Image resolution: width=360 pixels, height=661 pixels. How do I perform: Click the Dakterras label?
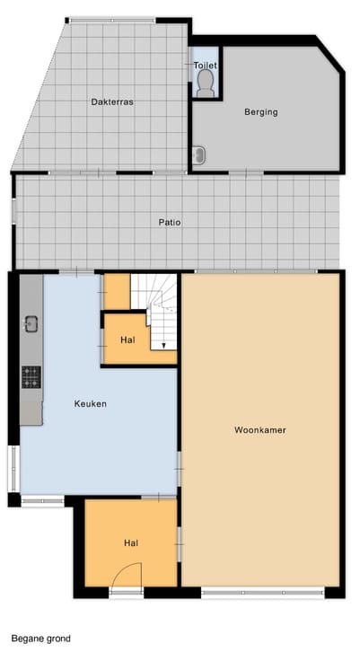tap(112, 102)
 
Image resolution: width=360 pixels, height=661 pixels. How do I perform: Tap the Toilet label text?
tap(206, 66)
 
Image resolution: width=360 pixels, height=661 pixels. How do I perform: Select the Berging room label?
tap(261, 112)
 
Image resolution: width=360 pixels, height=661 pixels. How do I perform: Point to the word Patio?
tap(170, 222)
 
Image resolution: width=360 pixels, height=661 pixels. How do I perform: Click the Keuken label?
tap(90, 403)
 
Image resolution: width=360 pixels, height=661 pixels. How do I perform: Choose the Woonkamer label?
tap(260, 430)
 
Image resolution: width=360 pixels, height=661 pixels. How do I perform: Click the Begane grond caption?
tap(41, 639)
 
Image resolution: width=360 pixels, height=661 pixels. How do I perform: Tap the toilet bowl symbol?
tap(206, 83)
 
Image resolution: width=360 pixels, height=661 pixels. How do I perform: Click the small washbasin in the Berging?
tap(198, 154)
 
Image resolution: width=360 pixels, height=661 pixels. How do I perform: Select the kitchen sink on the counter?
tap(31, 323)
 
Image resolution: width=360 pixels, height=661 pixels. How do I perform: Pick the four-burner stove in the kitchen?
tap(31, 377)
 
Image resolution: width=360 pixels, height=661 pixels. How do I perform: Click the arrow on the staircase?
tap(163, 346)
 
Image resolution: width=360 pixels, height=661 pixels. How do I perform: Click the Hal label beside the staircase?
tap(127, 339)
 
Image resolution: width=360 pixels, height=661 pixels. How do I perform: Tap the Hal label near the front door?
tap(131, 543)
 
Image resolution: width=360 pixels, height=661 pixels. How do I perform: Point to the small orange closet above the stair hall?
tap(117, 292)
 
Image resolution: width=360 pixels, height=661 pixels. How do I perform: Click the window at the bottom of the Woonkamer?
tap(263, 592)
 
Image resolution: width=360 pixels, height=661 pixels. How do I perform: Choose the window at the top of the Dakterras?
tap(112, 20)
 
